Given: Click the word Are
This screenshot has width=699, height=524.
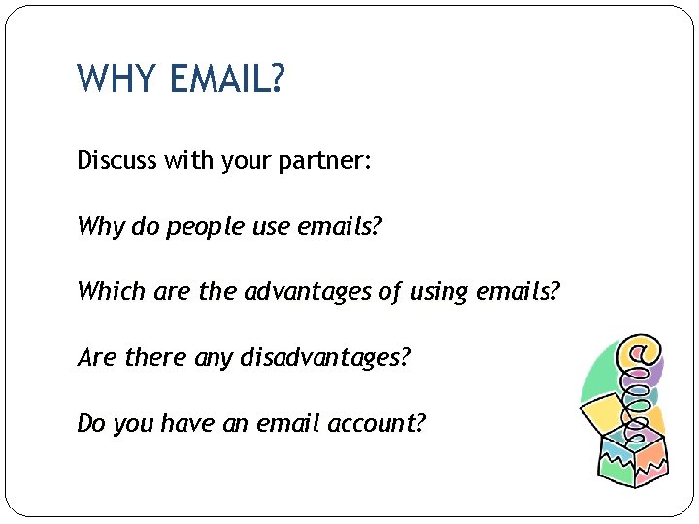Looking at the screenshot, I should [97, 357].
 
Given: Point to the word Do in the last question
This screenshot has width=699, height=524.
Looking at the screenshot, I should [91, 423].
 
